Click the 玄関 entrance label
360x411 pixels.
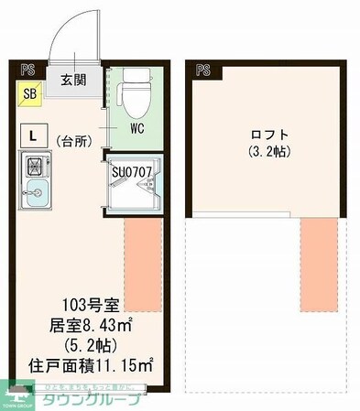pyautogui.click(x=74, y=79)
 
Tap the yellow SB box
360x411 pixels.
pyautogui.click(x=29, y=93)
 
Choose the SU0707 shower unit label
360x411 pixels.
pyautogui.click(x=136, y=169)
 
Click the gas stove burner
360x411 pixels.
pyautogui.click(x=35, y=168)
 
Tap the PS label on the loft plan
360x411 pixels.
pyautogui.click(x=202, y=69)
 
